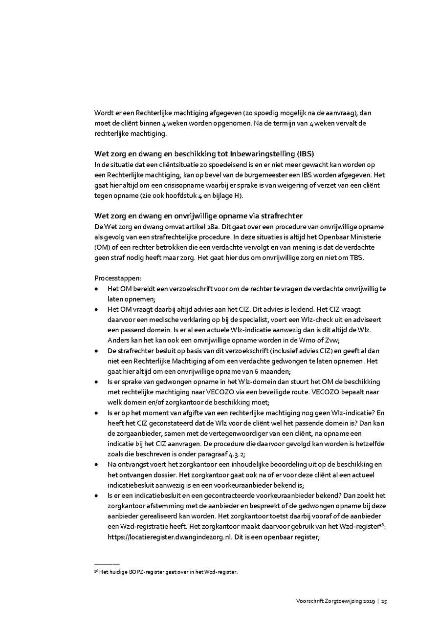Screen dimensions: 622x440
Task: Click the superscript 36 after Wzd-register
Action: click(382, 524)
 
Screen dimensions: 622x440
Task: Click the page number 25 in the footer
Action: click(384, 601)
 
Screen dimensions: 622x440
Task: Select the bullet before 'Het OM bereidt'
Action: click(96, 289)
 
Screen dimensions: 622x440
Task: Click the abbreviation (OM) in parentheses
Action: click(101, 248)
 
